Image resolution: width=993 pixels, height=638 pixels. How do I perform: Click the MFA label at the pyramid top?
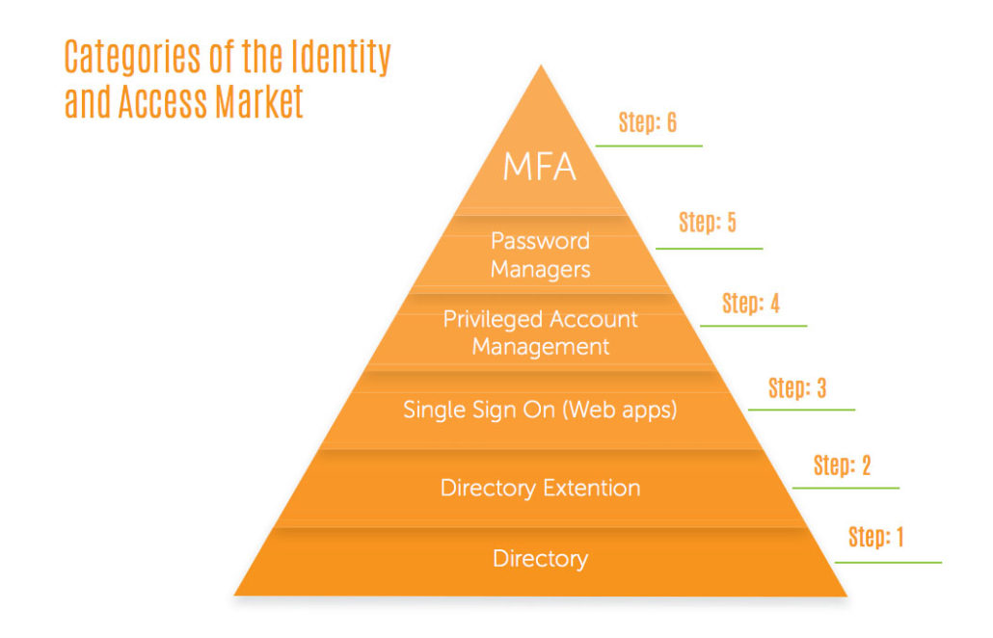point(540,167)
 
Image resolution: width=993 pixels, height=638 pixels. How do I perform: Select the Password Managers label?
point(540,254)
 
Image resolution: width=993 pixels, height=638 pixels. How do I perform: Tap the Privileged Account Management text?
point(540,332)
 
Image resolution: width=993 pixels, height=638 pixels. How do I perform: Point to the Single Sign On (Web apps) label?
point(540,410)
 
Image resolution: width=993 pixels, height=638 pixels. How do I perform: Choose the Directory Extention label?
point(540,488)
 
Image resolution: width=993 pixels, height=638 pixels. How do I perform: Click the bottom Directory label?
point(540,558)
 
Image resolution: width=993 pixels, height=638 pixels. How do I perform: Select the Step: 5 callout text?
point(708,223)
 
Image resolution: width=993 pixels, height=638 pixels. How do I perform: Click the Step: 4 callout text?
point(751,304)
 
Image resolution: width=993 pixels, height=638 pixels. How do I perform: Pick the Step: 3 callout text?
point(797,388)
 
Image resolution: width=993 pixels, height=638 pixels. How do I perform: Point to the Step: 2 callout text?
point(842,465)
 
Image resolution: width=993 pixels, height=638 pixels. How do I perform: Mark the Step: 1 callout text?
point(876,537)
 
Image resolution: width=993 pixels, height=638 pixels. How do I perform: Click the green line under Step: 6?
point(649,146)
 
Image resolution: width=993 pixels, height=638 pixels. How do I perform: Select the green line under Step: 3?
point(801,410)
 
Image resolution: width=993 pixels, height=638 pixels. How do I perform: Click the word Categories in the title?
point(130,58)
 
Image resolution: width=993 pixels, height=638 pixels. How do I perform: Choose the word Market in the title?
point(260,102)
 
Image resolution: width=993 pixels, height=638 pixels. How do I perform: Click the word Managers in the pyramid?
point(540,270)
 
